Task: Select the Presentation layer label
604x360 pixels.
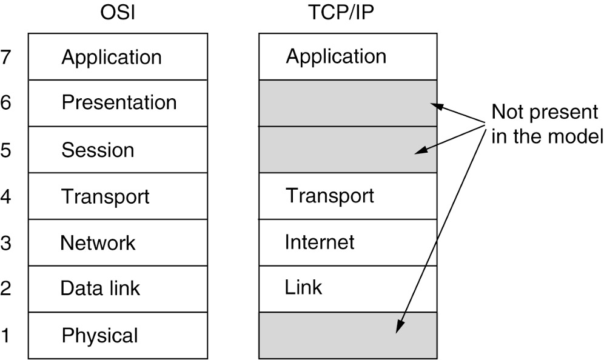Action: coord(119,102)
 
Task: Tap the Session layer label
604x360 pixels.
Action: coord(98,149)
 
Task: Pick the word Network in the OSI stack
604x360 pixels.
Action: coord(98,242)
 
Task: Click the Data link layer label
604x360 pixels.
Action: coord(100,288)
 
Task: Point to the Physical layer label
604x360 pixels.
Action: coord(100,335)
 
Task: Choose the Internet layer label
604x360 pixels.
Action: coord(320,242)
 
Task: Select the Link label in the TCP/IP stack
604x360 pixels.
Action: coord(303,287)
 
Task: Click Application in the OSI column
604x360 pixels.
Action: coord(112,57)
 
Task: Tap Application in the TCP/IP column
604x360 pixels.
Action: coord(336,56)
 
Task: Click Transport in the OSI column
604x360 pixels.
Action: coord(106,196)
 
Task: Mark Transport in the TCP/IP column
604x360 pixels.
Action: coord(330,196)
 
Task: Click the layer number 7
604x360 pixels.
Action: coord(7,58)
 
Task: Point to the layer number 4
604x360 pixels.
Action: coord(7,197)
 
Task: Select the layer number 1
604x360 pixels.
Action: coord(7,335)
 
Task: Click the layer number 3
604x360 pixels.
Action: coord(7,243)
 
